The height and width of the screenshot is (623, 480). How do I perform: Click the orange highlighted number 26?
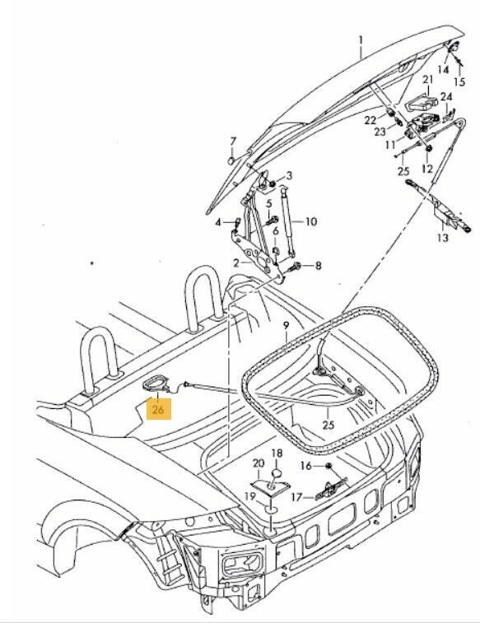[x=159, y=409]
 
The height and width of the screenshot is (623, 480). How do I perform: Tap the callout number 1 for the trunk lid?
[x=361, y=40]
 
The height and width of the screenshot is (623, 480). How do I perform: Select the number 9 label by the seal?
[x=287, y=326]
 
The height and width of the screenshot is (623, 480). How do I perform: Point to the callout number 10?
[x=310, y=221]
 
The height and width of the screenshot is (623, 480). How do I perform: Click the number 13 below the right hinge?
[x=443, y=238]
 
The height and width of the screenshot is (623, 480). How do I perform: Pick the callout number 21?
[x=427, y=80]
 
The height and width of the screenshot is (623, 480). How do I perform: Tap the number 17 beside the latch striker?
[x=297, y=497]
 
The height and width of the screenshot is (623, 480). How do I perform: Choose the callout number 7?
[x=233, y=142]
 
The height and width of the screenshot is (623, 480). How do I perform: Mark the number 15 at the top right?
[x=459, y=81]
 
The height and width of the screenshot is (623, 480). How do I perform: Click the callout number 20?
[x=259, y=463]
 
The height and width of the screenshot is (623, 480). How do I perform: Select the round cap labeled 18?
[x=277, y=473]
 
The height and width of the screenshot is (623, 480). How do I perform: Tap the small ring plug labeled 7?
[x=231, y=160]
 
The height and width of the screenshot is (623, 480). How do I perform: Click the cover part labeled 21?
[x=422, y=102]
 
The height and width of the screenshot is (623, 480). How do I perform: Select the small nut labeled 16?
[x=329, y=465]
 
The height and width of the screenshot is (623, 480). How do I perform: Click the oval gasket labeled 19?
[x=271, y=509]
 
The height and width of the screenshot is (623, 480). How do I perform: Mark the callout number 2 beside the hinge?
[x=236, y=263]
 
